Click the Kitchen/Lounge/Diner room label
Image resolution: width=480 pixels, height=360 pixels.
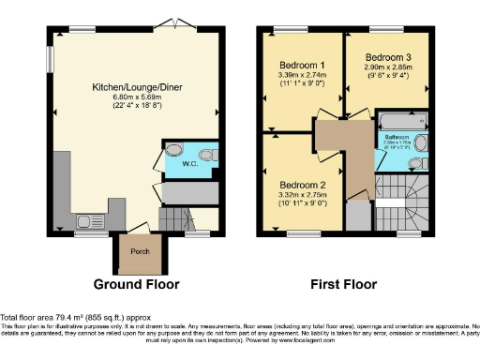pos(132,86)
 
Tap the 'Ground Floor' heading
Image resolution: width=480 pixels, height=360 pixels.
pos(136,284)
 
